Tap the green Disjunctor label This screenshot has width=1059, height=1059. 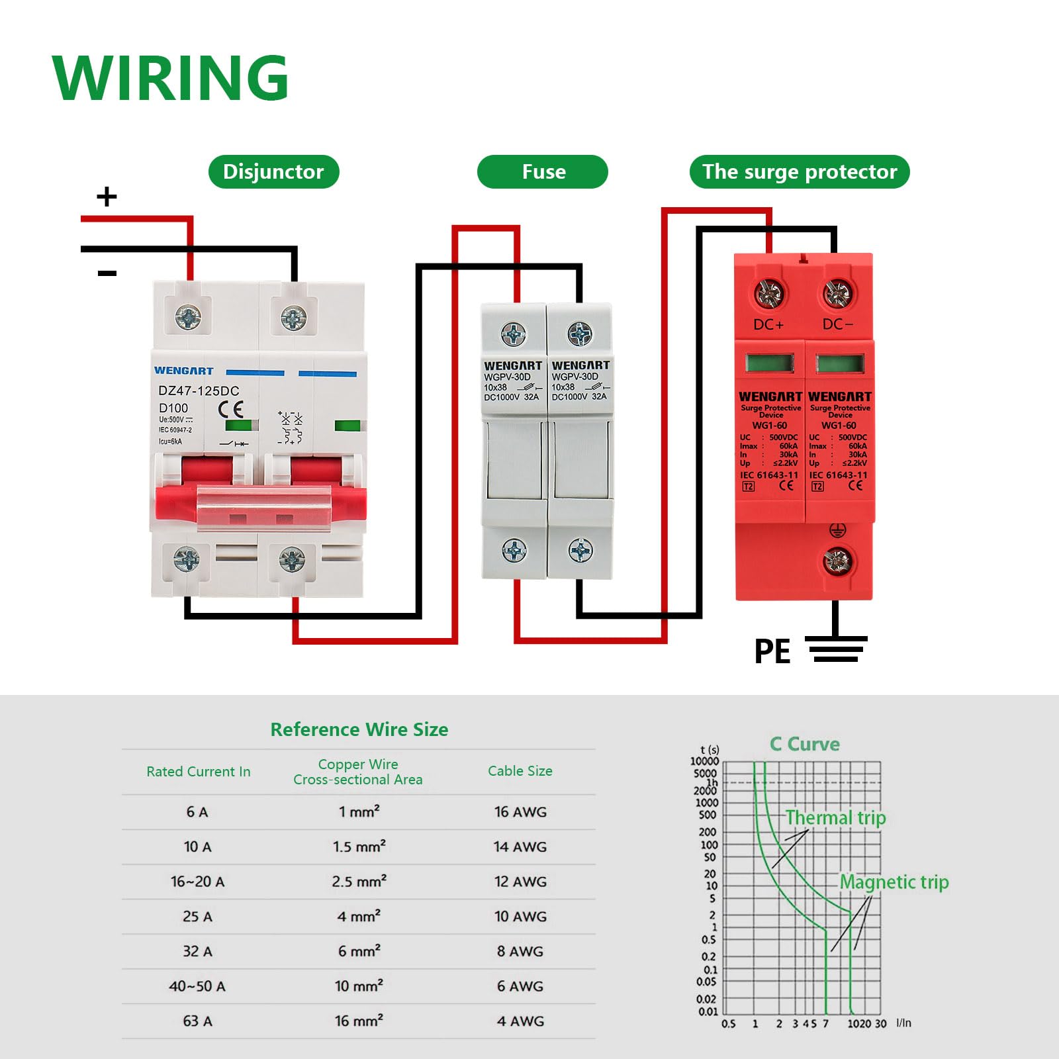(273, 172)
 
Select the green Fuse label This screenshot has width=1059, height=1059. (543, 172)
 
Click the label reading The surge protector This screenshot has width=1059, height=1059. (800, 172)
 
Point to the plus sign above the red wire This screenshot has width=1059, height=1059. (107, 197)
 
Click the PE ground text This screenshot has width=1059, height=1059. (772, 651)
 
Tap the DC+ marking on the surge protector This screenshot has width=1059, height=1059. (768, 325)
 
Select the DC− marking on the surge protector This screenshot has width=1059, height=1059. (838, 325)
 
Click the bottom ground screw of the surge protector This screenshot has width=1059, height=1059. (837, 562)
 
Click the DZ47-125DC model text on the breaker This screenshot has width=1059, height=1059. (199, 391)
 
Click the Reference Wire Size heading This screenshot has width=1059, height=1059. (359, 729)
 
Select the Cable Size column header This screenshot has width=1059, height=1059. (520, 771)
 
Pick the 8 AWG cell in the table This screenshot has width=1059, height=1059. (520, 952)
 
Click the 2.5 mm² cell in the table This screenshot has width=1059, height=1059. (359, 882)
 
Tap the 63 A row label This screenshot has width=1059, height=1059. (197, 1021)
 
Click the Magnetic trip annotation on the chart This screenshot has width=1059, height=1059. (894, 882)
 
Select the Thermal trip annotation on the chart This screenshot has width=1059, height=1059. (835, 818)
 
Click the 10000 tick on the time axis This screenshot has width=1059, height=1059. (704, 761)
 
